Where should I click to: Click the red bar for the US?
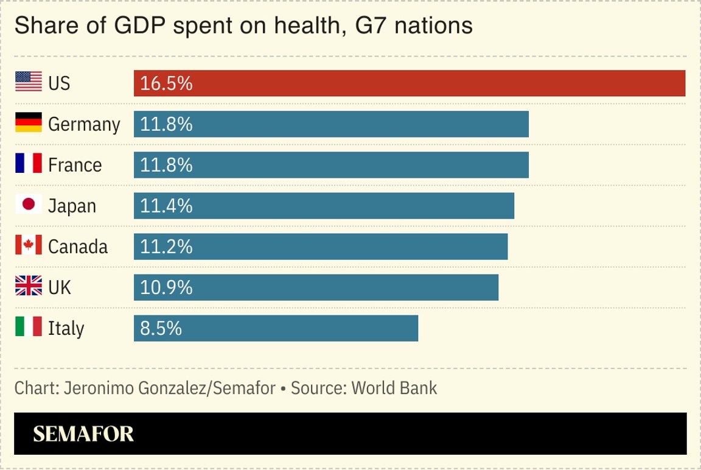click(x=410, y=83)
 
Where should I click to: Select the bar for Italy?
click(x=276, y=328)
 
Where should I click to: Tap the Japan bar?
click(x=324, y=206)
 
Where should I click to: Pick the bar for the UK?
click(x=316, y=287)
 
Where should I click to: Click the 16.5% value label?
click(x=166, y=83)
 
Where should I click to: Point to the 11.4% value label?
click(x=166, y=206)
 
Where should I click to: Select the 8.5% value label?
click(x=161, y=328)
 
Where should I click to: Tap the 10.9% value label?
click(x=166, y=287)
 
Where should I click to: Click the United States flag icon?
click(x=29, y=82)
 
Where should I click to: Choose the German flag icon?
click(x=29, y=123)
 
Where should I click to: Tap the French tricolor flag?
click(x=29, y=164)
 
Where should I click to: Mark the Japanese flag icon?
click(x=29, y=205)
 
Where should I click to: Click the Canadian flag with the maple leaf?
click(x=29, y=245)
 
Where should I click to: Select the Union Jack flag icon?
click(x=29, y=286)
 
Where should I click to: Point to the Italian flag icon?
click(x=29, y=327)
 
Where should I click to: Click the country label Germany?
click(x=84, y=125)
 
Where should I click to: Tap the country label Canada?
click(x=78, y=247)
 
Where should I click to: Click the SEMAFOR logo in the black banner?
click(x=83, y=433)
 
